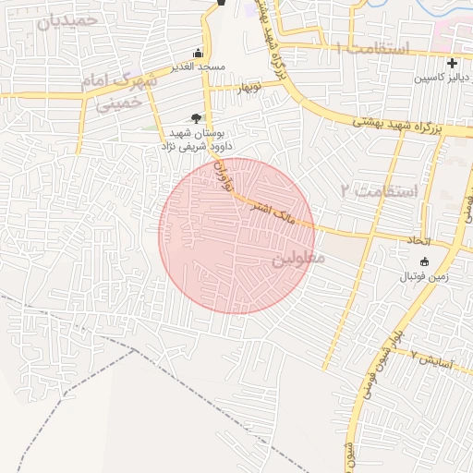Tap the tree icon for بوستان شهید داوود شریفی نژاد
(195, 117)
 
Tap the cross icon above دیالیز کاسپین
(452, 64)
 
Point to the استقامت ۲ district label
(380, 191)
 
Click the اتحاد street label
(420, 240)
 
